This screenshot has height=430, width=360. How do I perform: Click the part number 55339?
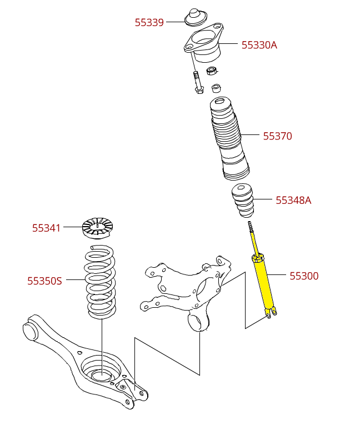coord(149,22)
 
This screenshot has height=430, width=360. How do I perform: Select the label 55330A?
coord(259,45)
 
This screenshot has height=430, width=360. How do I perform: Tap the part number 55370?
coord(277,136)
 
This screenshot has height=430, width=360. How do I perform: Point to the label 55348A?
coord(293,200)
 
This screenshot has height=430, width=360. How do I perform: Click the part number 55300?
coord(304,276)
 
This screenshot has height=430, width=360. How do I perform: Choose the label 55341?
coord(46,228)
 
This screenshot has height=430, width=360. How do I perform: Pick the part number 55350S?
coord(44,281)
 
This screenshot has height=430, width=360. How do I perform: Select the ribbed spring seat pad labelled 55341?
coord(98,228)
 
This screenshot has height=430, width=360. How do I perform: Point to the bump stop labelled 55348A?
coord(243,200)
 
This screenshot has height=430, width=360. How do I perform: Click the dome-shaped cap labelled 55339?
coord(195,17)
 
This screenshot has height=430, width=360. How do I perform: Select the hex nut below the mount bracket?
coord(212,71)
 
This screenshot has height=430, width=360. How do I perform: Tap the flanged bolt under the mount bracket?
coord(198,83)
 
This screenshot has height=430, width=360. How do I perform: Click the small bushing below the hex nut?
coord(216,88)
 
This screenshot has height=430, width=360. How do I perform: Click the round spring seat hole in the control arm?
coord(102,376)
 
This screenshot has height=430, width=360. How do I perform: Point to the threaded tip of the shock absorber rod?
coord(251,227)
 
